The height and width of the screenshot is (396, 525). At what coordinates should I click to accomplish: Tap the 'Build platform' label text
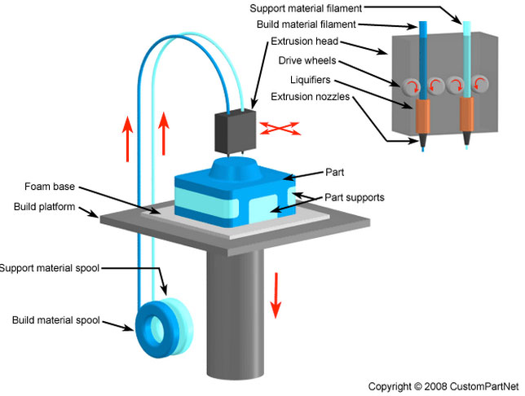pos(43,206)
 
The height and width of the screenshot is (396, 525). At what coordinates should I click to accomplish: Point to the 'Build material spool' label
pos(55,320)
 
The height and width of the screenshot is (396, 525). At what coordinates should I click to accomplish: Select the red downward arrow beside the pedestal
pos(276,296)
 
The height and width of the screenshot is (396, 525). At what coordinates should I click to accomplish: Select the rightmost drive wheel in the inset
pos(482,84)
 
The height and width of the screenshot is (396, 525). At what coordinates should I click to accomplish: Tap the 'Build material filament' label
pos(324,24)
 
